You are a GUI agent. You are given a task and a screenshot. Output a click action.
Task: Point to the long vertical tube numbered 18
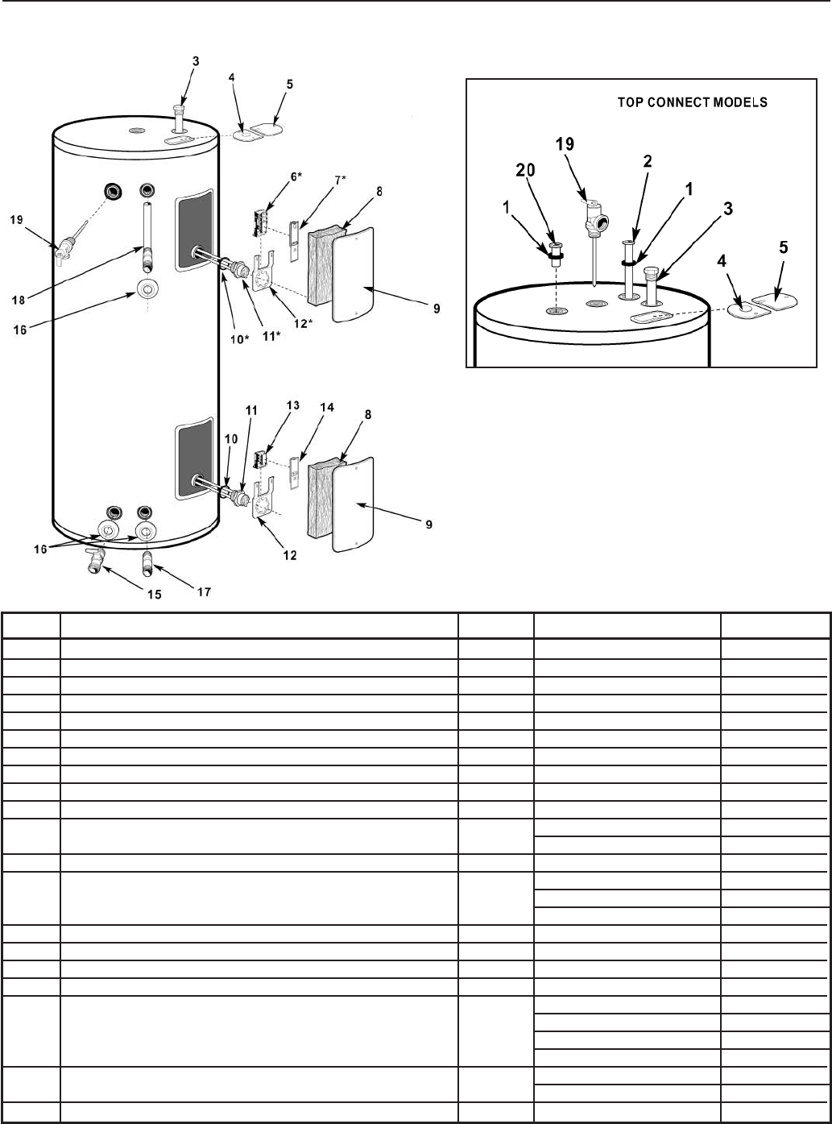click(147, 233)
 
